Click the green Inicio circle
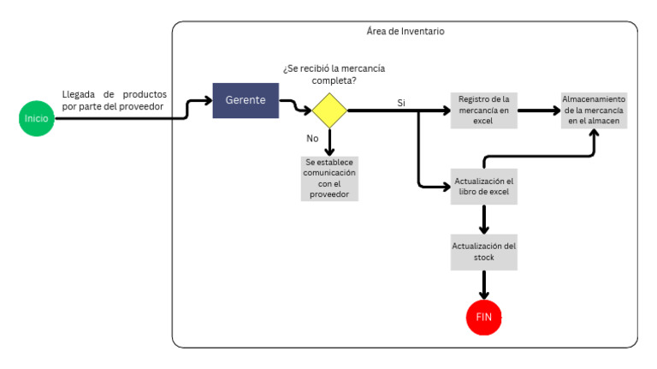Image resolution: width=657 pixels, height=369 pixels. pyautogui.click(x=36, y=118)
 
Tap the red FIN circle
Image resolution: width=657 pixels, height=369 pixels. pyautogui.click(x=483, y=317)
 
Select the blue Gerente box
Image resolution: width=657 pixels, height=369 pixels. pyautogui.click(x=246, y=100)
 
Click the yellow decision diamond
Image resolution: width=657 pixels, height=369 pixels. pyautogui.click(x=328, y=110)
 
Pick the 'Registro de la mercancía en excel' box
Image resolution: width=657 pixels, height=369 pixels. pyautogui.click(x=484, y=110)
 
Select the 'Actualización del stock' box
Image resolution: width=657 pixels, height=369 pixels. pyautogui.click(x=484, y=251)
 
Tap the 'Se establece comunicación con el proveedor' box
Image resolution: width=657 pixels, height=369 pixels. pyautogui.click(x=329, y=178)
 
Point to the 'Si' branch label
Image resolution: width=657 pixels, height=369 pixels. pyautogui.click(x=401, y=103)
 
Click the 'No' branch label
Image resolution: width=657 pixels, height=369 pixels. pyautogui.click(x=313, y=137)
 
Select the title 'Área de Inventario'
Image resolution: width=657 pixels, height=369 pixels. pyautogui.click(x=405, y=32)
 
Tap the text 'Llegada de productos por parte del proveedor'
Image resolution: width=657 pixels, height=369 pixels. pyautogui.click(x=114, y=100)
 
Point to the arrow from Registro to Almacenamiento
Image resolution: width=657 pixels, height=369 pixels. pyautogui.click(x=539, y=110)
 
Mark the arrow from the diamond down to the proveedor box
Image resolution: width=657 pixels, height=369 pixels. pyautogui.click(x=329, y=140)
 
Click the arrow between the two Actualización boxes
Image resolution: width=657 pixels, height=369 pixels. pyautogui.click(x=484, y=218)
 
